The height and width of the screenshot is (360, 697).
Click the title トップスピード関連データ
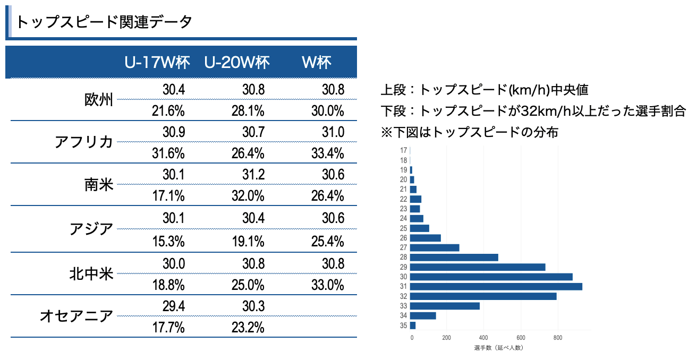(104, 22)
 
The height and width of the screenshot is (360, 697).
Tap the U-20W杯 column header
(237, 63)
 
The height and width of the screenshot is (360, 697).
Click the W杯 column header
(317, 63)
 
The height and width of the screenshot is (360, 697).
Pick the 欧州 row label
(99, 100)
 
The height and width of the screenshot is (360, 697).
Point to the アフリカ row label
(84, 142)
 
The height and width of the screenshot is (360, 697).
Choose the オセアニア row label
(76, 316)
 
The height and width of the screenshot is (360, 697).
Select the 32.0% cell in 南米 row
(248, 196)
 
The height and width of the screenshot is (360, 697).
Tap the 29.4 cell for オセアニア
(174, 306)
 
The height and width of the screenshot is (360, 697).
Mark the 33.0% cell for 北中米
(327, 285)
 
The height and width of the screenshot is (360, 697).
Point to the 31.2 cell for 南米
(253, 175)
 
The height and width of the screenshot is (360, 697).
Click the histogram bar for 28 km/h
(454, 258)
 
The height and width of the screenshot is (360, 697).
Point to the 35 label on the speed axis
(404, 325)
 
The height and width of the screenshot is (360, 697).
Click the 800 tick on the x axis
(557, 337)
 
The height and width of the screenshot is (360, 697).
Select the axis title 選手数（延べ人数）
(499, 348)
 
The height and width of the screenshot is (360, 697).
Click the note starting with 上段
(484, 90)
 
